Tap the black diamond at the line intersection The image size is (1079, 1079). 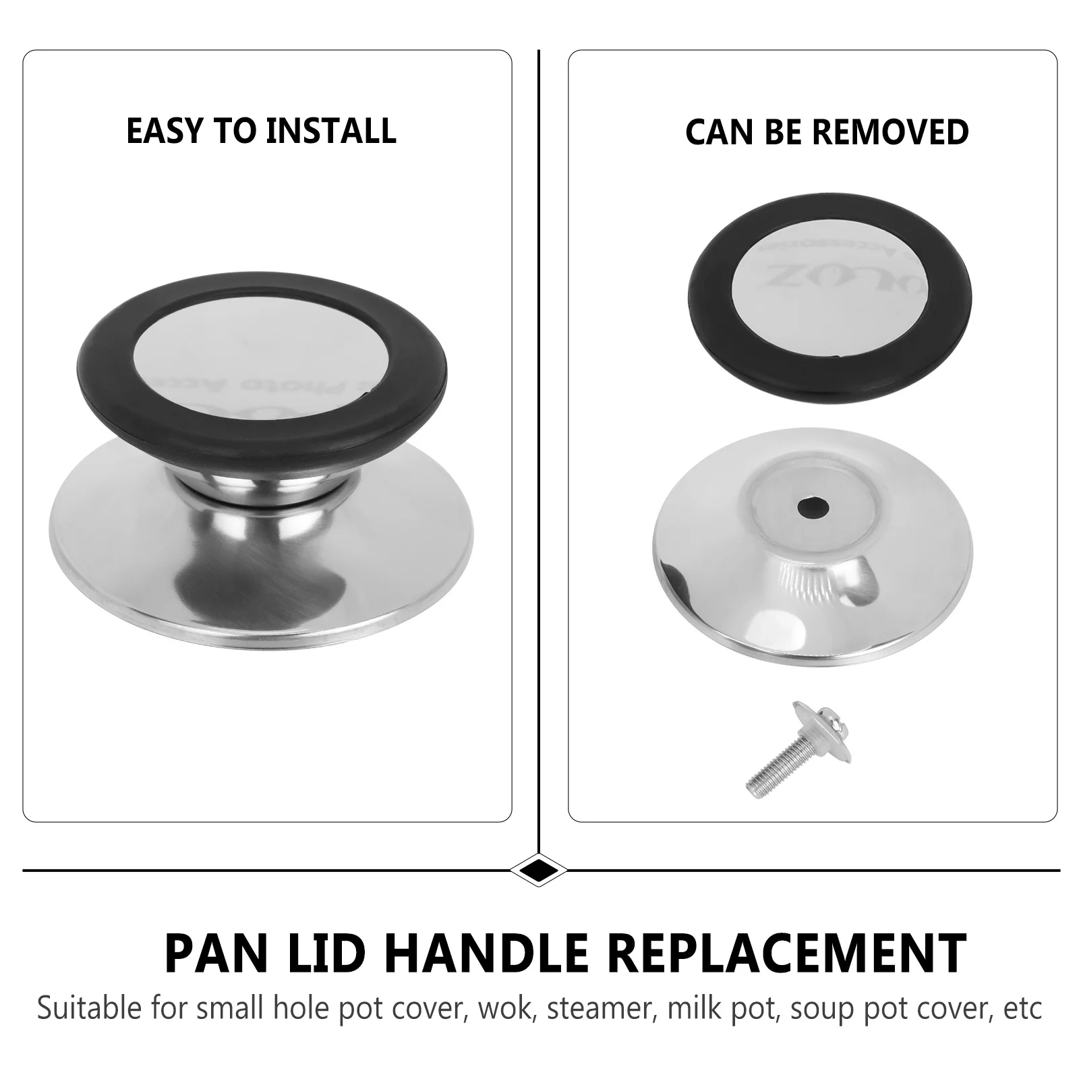(538, 869)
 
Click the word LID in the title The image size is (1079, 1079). (315, 953)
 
